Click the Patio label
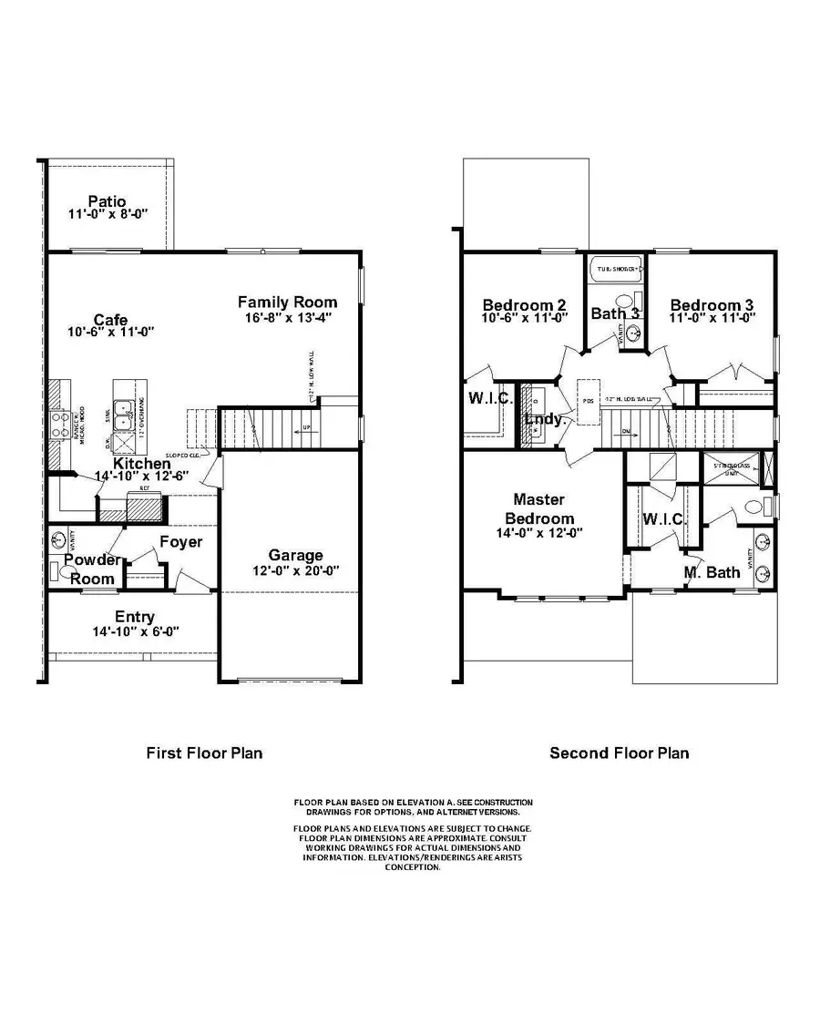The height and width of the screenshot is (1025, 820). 107,200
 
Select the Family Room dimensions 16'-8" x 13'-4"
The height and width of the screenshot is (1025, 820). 288,318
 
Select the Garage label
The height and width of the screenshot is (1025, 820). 295,555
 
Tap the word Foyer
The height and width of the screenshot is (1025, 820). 180,542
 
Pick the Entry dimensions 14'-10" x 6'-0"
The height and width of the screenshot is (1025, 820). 134,630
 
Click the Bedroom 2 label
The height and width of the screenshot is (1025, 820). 525,305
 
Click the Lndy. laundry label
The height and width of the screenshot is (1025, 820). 547,420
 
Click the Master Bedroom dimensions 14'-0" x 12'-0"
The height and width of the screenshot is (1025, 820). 538,533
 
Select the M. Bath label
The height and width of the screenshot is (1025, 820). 712,572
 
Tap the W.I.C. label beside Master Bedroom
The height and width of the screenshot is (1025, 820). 663,518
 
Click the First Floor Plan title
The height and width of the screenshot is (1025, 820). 205,753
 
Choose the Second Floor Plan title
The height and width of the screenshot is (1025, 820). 619,753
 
